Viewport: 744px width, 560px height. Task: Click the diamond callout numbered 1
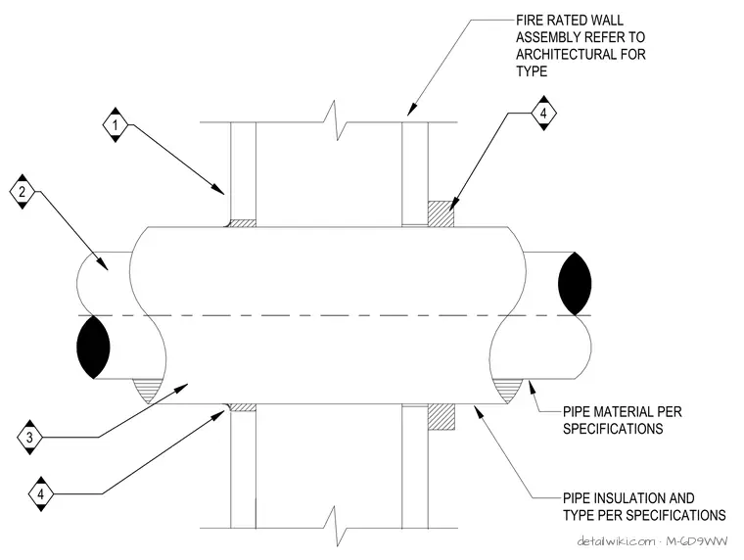pos(116,125)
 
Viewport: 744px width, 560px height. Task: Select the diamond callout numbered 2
pos(23,192)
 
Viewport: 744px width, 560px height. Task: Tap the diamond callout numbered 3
pos(30,437)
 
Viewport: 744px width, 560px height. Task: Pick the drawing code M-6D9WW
pos(696,541)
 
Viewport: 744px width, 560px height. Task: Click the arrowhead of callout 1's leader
pos(218,189)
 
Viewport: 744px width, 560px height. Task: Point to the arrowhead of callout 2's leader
pos(103,264)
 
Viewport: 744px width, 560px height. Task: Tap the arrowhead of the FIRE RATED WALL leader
pos(411,110)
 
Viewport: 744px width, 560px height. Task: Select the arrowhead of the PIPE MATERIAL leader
pos(533,386)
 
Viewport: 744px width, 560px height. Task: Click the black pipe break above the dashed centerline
pos(575,284)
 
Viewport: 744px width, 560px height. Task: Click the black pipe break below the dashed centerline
pos(93,348)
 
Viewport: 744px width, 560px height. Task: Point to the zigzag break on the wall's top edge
pos(337,120)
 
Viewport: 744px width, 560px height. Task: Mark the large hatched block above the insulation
pos(441,213)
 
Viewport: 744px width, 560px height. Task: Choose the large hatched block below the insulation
pos(442,417)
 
